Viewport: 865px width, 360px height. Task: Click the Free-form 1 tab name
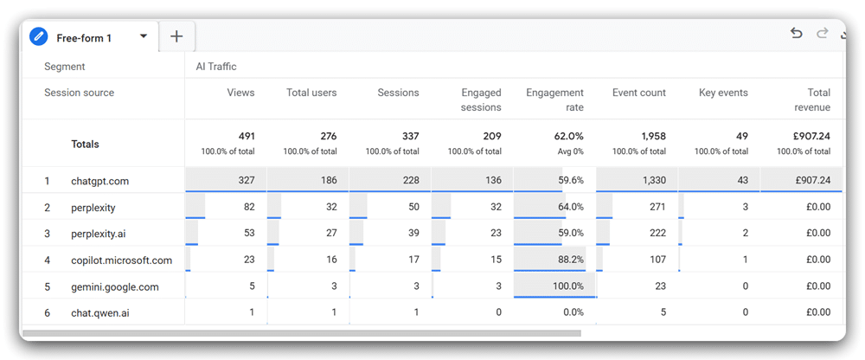click(x=84, y=37)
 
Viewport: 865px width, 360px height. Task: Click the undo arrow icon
click(x=797, y=34)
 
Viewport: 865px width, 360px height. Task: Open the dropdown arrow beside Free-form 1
click(x=143, y=36)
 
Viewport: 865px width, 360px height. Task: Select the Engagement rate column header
click(x=554, y=100)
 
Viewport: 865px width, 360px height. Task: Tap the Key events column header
click(x=723, y=93)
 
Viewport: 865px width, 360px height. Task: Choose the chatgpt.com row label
click(x=99, y=181)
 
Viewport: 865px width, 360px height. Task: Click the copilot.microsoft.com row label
click(x=121, y=260)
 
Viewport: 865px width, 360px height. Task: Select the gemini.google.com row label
click(x=115, y=286)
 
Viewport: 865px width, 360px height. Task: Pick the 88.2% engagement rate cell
click(x=568, y=260)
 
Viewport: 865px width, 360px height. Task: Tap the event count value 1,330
click(x=650, y=181)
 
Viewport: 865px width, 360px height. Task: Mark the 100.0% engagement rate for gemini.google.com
click(x=566, y=286)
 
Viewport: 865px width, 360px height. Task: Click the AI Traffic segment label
click(x=216, y=67)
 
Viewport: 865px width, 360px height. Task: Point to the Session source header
click(x=79, y=93)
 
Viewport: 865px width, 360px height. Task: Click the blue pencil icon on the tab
click(x=38, y=36)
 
